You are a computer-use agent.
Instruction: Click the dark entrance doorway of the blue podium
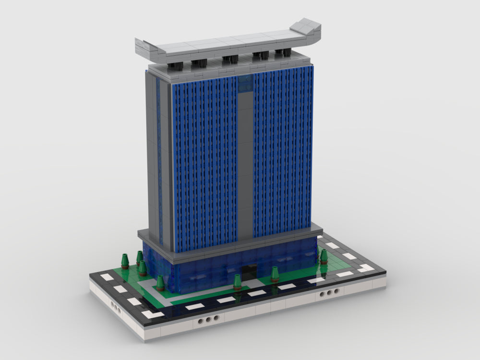point(249,273)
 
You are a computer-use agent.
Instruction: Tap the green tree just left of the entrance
point(237,281)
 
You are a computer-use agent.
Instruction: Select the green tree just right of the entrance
point(275,274)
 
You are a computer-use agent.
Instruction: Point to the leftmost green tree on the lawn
point(125,261)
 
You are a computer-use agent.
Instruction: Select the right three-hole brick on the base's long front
point(328,292)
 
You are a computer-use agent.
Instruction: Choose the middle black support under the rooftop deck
point(230,59)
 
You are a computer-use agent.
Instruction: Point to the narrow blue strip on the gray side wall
point(158,158)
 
